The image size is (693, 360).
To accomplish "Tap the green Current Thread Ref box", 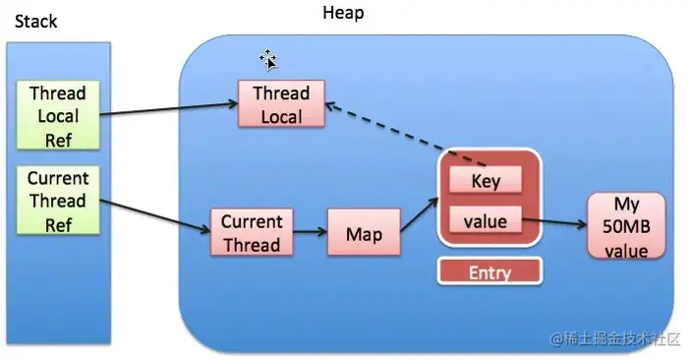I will pyautogui.click(x=57, y=201).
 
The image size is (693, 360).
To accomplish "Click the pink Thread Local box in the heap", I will pyautogui.click(x=281, y=104).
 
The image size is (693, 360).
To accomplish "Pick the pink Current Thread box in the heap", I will pyautogui.click(x=252, y=233).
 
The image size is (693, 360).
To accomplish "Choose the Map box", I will pyautogui.click(x=363, y=234).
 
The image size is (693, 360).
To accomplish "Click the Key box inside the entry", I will pyautogui.click(x=486, y=181).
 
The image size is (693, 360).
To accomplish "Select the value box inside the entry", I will pyautogui.click(x=486, y=221).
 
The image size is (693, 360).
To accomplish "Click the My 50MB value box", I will pyautogui.click(x=625, y=225).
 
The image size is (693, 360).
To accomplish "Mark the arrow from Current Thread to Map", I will pyautogui.click(x=311, y=234).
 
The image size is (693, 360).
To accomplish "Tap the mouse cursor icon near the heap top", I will pyautogui.click(x=267, y=60).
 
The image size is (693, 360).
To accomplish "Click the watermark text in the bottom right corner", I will pyautogui.click(x=614, y=338).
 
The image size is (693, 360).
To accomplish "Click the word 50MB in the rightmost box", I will pyautogui.click(x=625, y=226).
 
